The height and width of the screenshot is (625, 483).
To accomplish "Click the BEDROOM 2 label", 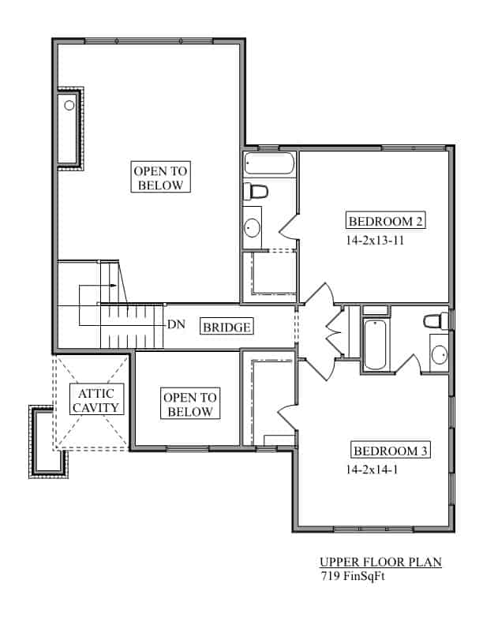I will (387, 221).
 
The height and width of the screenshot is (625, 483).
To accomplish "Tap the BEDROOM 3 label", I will (390, 451).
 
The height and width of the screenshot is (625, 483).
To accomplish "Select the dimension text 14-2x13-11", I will (375, 241).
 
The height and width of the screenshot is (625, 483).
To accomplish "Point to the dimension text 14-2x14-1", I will (373, 470).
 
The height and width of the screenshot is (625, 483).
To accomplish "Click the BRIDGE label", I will (227, 327).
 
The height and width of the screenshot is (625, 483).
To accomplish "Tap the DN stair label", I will (176, 324).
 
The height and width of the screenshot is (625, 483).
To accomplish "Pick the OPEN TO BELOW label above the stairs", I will (161, 178).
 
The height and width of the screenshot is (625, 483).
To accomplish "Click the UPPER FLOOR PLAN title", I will (380, 563).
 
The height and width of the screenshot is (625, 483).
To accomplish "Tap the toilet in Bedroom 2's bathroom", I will (257, 192).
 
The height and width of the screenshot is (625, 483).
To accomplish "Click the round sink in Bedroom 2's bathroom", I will (253, 228).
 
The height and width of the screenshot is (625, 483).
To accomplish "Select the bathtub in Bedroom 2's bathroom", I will (268, 164).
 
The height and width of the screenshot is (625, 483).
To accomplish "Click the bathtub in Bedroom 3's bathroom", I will (375, 344).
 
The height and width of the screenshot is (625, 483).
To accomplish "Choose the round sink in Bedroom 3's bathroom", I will (439, 353).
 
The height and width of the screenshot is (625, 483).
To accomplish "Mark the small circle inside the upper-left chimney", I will (69, 105).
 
